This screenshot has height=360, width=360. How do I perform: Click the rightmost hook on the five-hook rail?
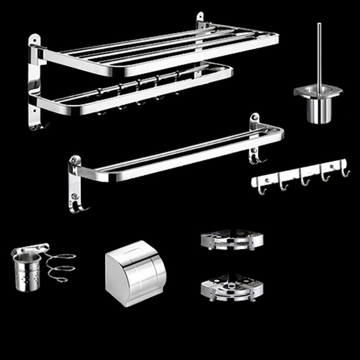[x=345, y=171]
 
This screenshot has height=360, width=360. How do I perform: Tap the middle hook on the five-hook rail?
[x=305, y=180]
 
